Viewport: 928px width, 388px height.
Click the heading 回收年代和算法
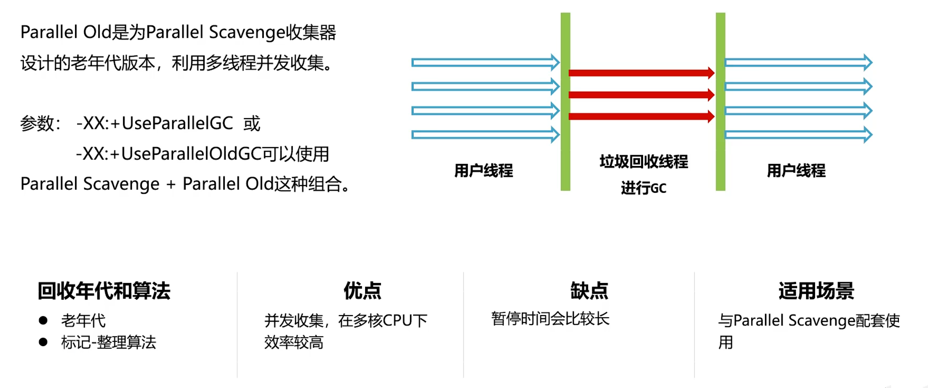pyautogui.click(x=104, y=291)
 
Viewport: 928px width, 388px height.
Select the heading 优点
pyautogui.click(x=362, y=291)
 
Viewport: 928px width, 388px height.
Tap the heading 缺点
pyautogui.click(x=589, y=291)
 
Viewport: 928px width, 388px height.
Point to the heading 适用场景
pyautogui.click(x=816, y=291)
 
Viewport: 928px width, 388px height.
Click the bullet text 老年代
pyautogui.click(x=83, y=321)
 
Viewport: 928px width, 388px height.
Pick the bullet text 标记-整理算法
pyautogui.click(x=108, y=342)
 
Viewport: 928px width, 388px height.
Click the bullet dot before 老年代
pyautogui.click(x=43, y=320)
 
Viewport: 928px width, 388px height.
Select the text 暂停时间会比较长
pyautogui.click(x=550, y=319)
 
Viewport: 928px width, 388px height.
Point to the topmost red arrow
pyautogui.click(x=641, y=73)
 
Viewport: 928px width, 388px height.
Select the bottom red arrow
pyautogui.click(x=641, y=116)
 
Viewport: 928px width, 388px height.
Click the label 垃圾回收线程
pyautogui.click(x=644, y=162)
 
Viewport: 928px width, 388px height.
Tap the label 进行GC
pyautogui.click(x=644, y=188)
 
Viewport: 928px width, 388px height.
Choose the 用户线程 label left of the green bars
pyautogui.click(x=483, y=170)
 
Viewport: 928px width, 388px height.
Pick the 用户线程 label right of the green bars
pyautogui.click(x=796, y=170)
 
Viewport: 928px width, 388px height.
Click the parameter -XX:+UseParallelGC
pyautogui.click(x=155, y=123)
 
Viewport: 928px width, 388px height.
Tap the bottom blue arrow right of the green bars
pyautogui.click(x=798, y=135)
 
